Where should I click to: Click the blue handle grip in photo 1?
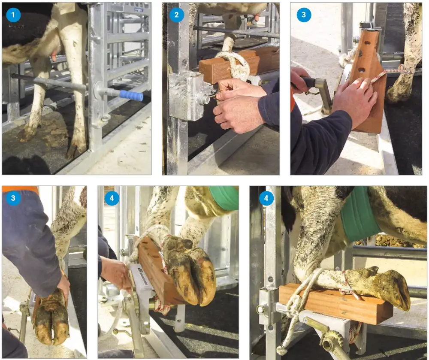tap(131, 95)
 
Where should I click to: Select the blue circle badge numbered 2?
tap(175, 14)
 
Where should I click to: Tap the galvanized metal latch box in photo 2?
tap(186, 96)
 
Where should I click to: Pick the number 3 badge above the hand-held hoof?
tap(13, 198)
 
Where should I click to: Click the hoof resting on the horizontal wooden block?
tap(386, 287)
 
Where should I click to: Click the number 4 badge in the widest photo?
tap(266, 198)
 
